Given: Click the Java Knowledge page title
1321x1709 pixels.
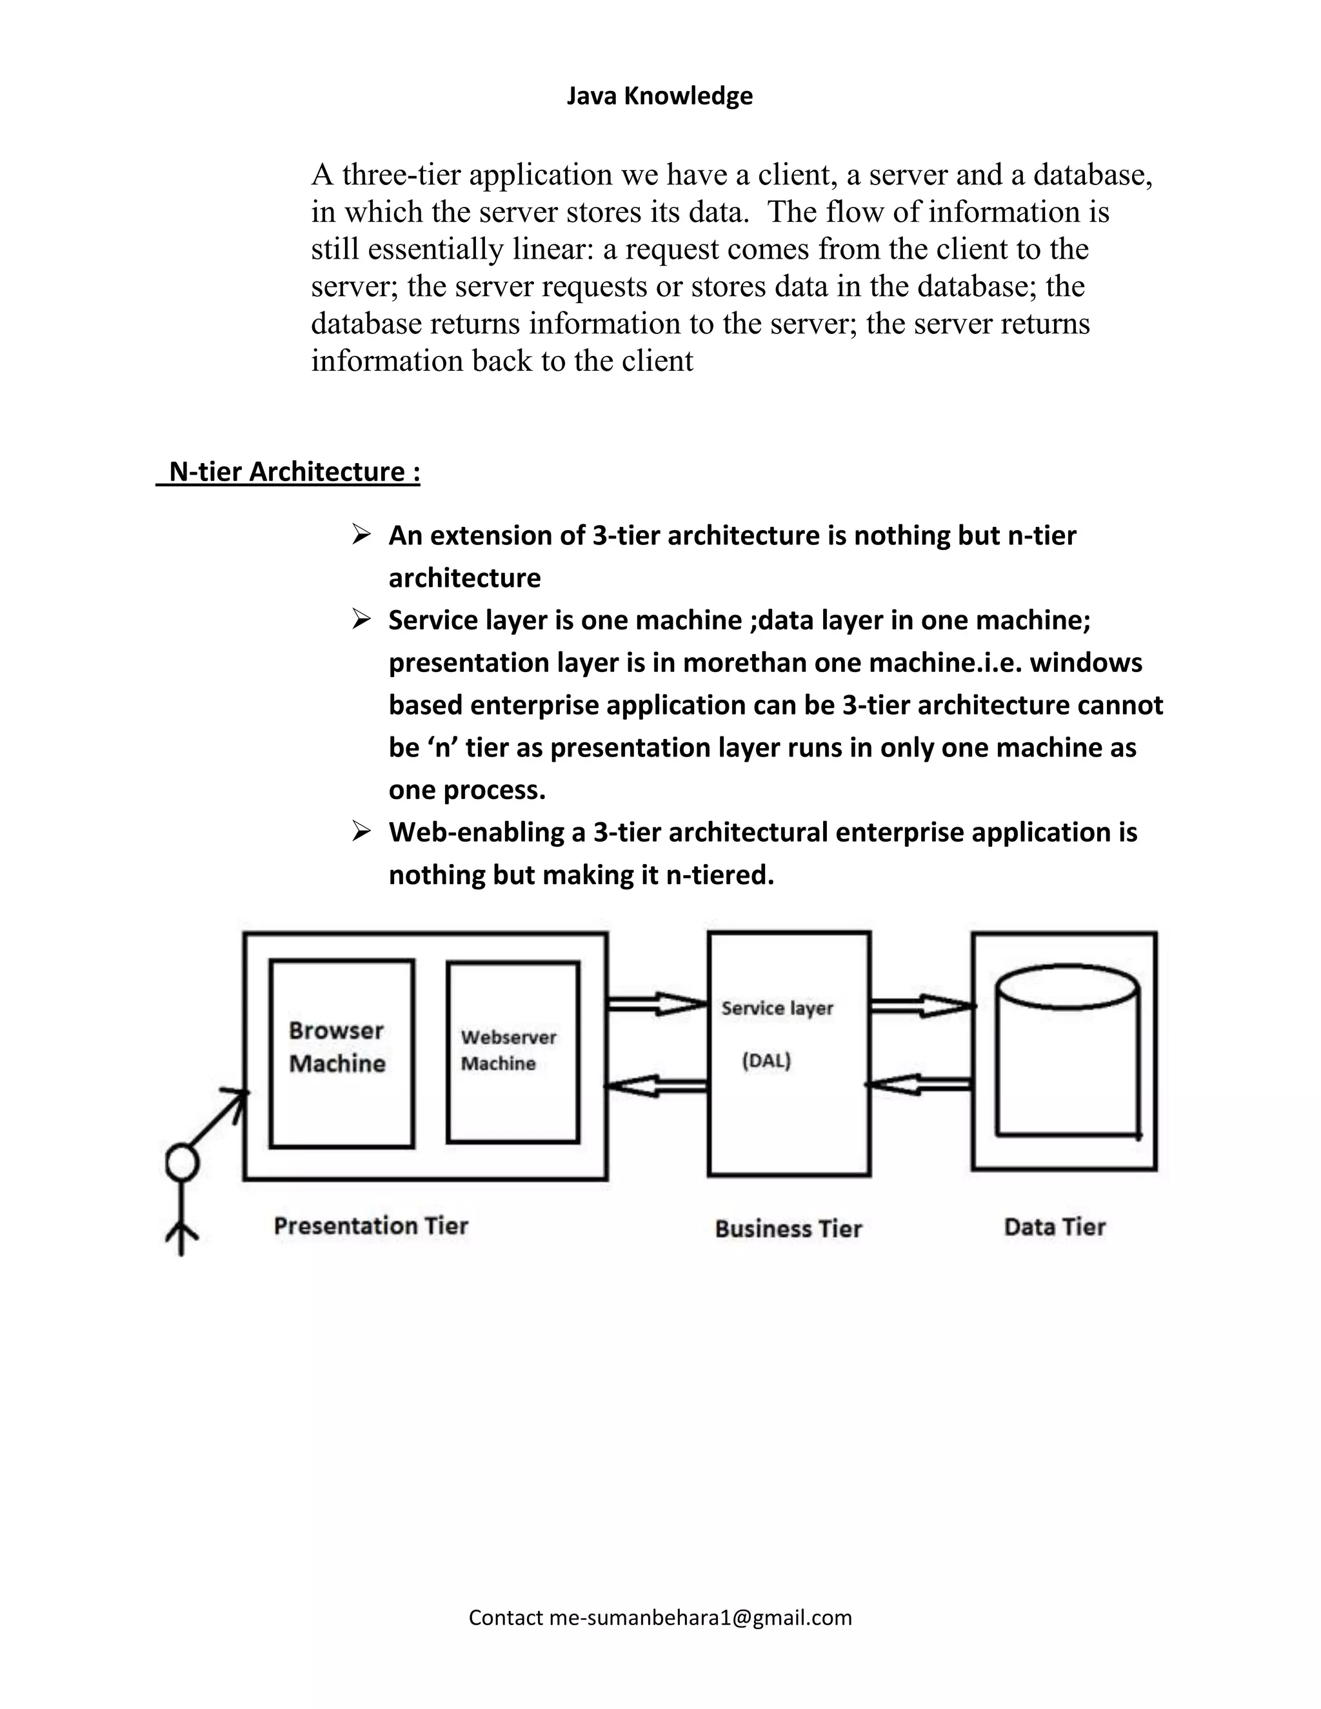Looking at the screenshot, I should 659,95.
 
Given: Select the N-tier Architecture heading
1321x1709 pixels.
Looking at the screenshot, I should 294,472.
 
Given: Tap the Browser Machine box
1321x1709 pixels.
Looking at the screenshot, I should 341,1053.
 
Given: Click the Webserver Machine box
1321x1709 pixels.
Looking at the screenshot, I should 513,1051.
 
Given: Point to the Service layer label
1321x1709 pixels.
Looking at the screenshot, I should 777,1008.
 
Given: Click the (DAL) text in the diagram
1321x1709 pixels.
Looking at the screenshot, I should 767,1061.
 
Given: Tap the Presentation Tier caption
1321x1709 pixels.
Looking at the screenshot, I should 371,1225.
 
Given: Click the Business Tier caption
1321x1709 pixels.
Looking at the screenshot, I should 788,1229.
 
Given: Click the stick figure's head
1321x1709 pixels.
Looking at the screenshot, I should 181,1163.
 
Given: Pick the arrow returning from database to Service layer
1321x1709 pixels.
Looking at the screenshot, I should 920,1085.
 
